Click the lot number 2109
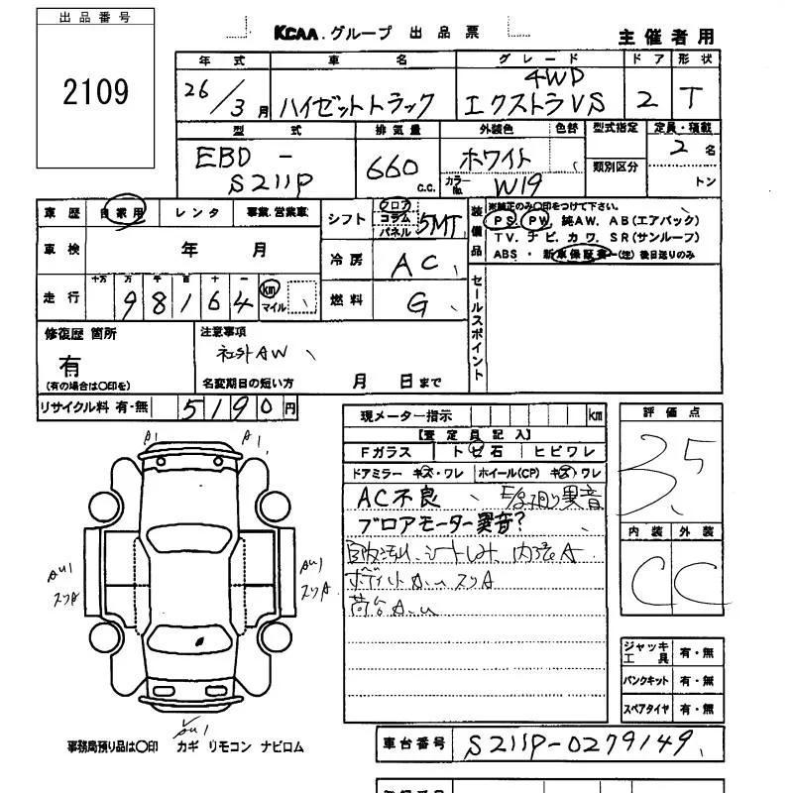click(95, 92)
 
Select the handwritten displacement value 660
click(392, 167)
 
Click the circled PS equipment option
click(505, 220)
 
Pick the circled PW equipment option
click(536, 220)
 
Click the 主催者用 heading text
click(666, 37)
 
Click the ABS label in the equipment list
click(506, 255)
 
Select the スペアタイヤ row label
click(645, 711)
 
